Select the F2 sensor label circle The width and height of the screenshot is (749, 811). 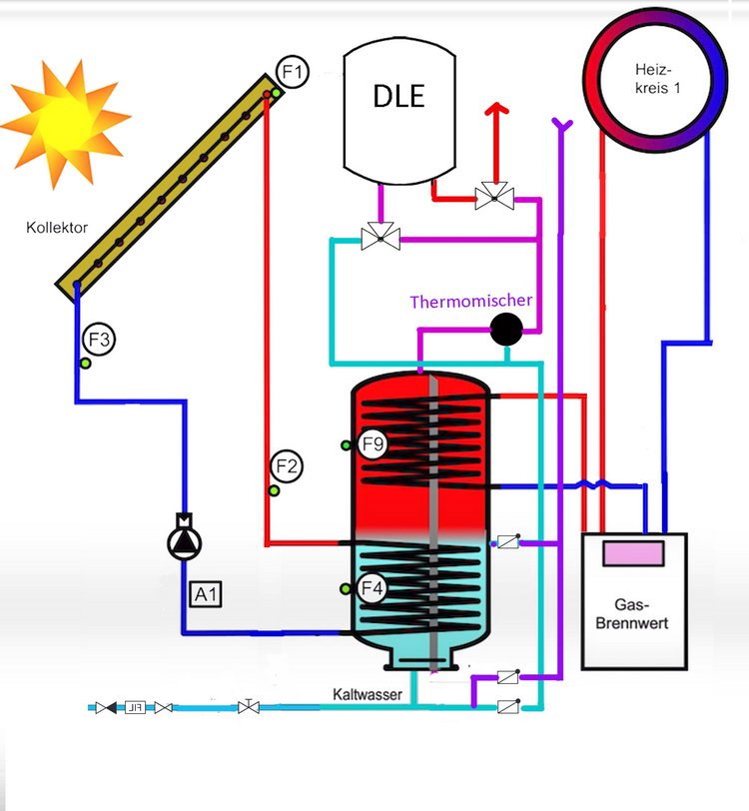coord(288,465)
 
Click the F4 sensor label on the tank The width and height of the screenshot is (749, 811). coord(372,589)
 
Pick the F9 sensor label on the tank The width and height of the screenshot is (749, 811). coord(372,445)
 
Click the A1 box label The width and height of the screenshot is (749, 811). coord(206,595)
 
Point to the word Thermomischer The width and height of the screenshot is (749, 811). coord(470,301)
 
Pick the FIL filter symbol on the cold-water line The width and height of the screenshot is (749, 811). coord(136,707)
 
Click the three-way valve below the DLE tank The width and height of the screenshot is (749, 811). coord(379,238)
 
